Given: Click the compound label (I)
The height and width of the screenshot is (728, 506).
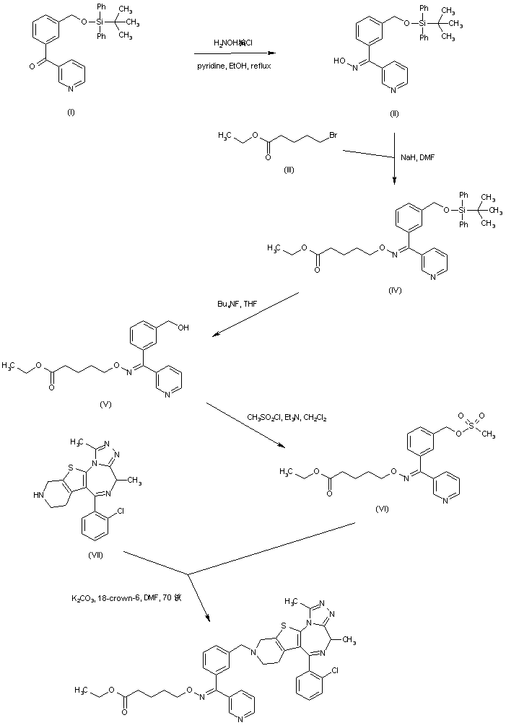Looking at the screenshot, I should click(71, 113).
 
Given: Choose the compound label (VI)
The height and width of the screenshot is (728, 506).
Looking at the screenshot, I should click(383, 508).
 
